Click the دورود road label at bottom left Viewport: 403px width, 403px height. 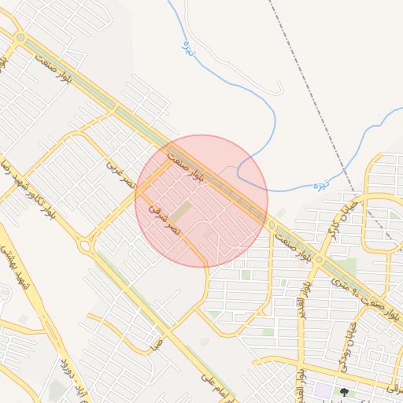(x=67, y=371)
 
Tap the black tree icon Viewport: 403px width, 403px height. (x=343, y=391)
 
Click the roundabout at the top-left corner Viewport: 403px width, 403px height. (x=20, y=37)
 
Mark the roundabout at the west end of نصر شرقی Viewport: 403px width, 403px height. (x=85, y=246)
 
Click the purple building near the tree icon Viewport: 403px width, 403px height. (x=323, y=390)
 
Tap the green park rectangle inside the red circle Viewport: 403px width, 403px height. (x=182, y=212)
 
